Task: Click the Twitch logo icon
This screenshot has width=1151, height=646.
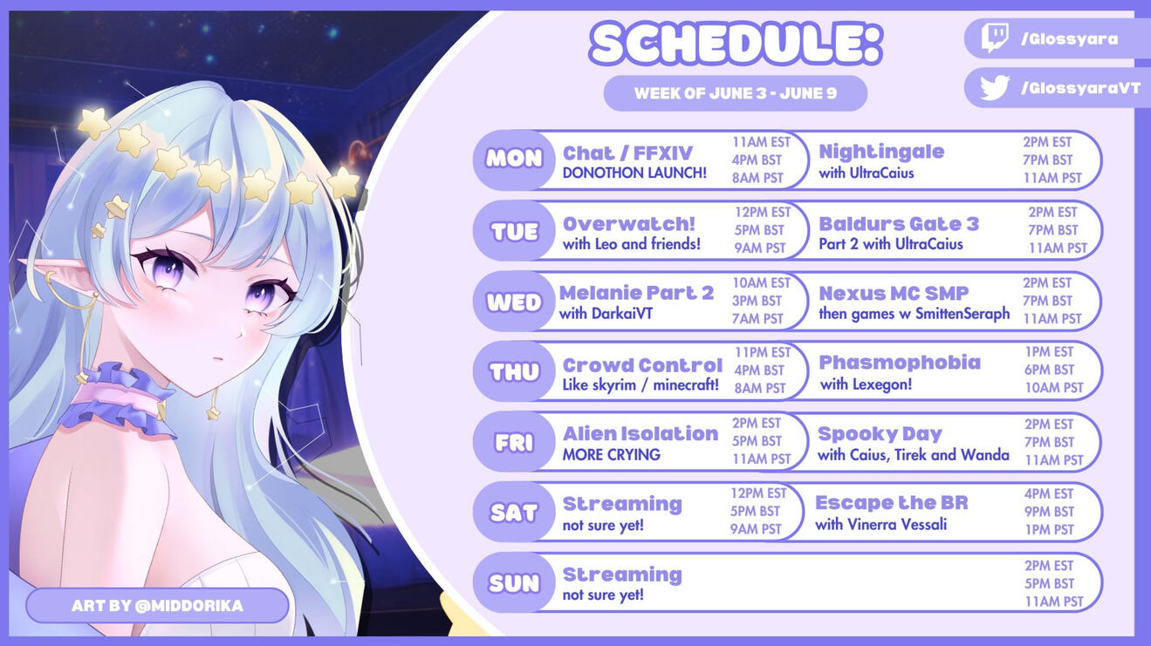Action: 994,38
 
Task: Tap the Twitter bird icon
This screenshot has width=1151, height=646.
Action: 994,87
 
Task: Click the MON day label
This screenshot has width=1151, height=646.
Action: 514,159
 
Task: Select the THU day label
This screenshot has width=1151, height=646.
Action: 514,371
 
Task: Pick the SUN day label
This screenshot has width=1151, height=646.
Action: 514,583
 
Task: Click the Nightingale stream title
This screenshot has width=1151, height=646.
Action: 881,152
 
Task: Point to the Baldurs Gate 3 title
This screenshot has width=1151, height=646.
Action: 899,224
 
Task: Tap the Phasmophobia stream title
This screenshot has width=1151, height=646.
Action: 899,363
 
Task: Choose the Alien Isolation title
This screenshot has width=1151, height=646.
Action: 641,434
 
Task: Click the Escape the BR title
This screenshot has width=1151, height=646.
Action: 892,503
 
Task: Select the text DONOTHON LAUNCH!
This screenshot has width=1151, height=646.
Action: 634,173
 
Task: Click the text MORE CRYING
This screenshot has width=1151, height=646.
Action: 611,455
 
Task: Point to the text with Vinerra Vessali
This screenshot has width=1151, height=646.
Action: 880,525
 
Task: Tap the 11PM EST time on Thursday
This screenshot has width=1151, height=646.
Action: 762,352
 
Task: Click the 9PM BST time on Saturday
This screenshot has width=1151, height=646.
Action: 1049,512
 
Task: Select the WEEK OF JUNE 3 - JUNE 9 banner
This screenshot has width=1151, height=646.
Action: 736,93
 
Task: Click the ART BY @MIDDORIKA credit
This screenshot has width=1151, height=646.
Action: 157,606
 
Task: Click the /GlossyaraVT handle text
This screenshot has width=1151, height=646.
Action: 1080,88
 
